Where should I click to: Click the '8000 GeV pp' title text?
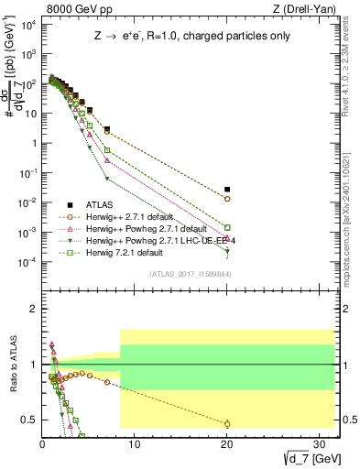click(77, 10)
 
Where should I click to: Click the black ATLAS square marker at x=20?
click(227, 189)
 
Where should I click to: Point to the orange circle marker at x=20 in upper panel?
click(227, 199)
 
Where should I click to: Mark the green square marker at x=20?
click(227, 227)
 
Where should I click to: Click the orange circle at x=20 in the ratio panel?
click(227, 423)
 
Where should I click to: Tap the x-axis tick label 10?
click(135, 444)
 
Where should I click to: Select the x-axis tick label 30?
click(320, 444)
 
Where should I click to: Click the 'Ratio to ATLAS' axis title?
click(12, 366)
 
